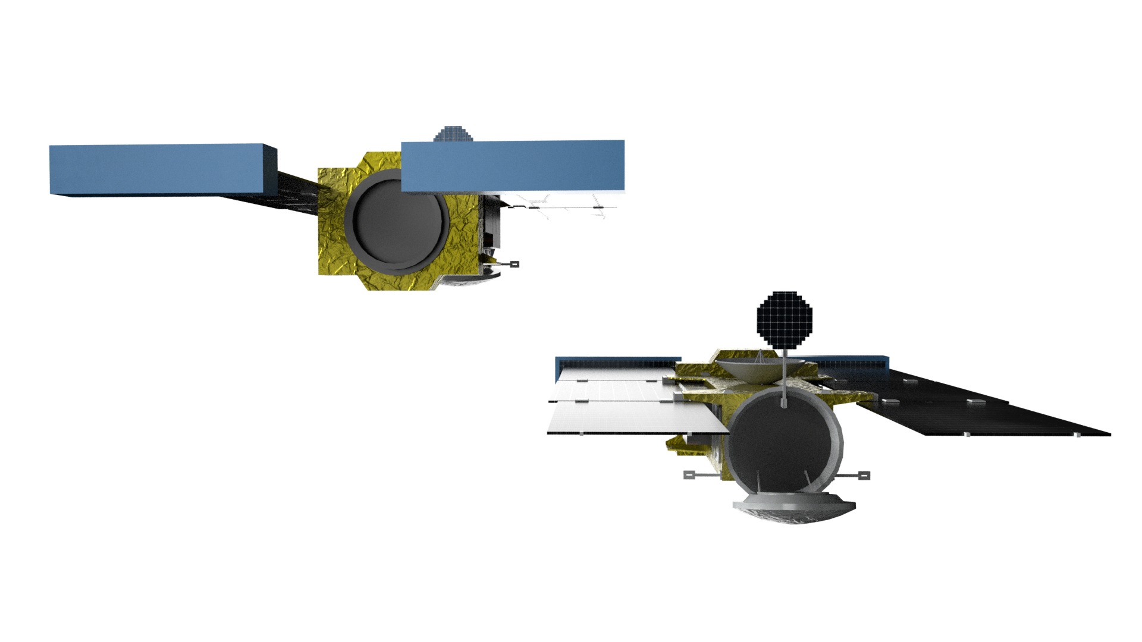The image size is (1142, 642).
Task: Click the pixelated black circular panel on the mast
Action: click(784, 319)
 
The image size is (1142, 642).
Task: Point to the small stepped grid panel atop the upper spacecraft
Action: click(453, 134)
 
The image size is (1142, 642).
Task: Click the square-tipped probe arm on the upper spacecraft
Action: click(506, 263)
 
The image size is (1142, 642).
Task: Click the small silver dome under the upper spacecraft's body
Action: click(473, 279)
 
